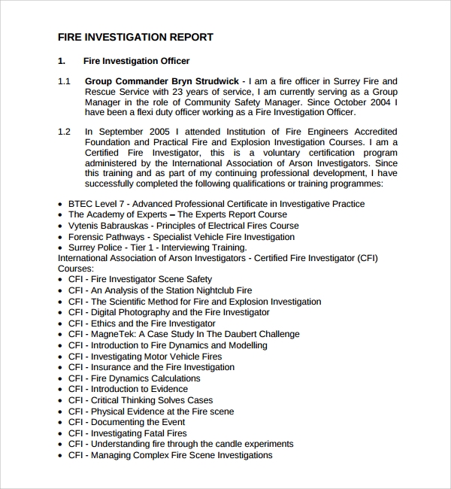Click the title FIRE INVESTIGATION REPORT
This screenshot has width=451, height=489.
(x=135, y=37)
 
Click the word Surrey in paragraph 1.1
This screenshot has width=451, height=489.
(x=343, y=80)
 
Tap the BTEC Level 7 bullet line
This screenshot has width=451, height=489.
(x=216, y=204)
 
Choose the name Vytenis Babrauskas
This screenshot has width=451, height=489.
(x=108, y=226)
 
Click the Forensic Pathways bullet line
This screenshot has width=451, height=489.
(x=181, y=237)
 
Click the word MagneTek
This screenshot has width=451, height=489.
(x=112, y=334)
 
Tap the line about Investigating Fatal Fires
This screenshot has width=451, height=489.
(x=127, y=433)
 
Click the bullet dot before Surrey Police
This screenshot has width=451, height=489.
(x=61, y=248)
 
